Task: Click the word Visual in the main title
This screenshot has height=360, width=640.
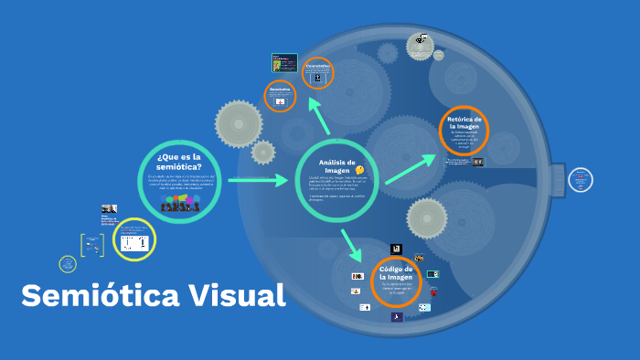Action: coord(237,295)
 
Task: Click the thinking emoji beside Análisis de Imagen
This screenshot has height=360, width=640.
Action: coord(359,170)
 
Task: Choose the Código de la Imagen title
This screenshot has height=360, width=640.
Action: coord(396,273)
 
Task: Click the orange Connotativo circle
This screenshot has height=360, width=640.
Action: coord(317,73)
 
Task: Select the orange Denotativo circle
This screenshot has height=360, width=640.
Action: coord(280,95)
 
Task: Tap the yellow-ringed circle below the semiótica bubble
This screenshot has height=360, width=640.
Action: coord(135,241)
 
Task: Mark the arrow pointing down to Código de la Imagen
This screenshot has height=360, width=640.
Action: coord(350,246)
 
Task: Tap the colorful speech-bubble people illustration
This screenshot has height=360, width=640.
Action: coord(179,204)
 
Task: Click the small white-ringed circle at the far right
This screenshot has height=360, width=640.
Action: coord(580,180)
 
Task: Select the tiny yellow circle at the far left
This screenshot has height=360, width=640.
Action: coord(67,263)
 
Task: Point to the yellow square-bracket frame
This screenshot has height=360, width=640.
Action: coord(90,245)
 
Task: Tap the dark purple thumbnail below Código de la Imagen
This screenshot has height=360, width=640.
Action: coord(397,316)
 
